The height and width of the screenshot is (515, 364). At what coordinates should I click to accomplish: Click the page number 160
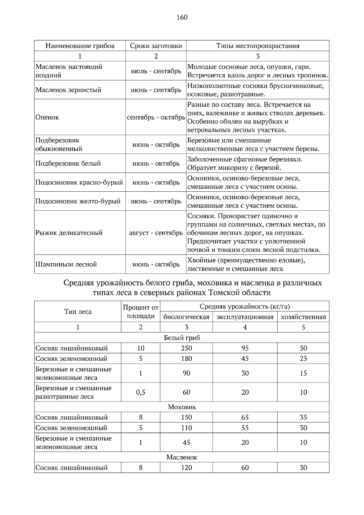[182, 17]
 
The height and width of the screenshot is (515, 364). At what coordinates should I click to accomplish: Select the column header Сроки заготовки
[156, 46]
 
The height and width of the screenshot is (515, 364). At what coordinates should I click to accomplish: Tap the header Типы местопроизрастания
[258, 46]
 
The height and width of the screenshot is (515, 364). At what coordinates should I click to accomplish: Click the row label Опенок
[47, 117]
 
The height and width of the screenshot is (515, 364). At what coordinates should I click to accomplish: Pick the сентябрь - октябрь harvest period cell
[156, 117]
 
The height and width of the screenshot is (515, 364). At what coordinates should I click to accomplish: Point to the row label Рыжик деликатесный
[69, 233]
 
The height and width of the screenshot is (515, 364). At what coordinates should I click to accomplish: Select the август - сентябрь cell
[156, 233]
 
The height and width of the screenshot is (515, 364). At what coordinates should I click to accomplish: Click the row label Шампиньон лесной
[66, 264]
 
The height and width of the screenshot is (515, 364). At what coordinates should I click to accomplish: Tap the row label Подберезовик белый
[68, 163]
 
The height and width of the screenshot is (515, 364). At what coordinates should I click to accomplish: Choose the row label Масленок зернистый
[68, 90]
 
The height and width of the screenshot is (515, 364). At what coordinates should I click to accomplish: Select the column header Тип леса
[78, 311]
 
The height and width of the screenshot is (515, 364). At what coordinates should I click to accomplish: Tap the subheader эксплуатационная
[245, 317]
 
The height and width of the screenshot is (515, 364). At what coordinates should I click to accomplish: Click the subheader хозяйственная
[303, 317]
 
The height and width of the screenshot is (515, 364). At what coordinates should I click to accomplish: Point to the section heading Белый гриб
[182, 338]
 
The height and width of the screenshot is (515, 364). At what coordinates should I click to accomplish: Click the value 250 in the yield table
[186, 348]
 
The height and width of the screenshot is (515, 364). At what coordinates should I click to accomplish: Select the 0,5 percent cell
[140, 392]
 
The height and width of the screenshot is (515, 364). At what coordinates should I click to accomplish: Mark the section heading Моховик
[182, 407]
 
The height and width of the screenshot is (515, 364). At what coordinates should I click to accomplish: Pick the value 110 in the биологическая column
[186, 428]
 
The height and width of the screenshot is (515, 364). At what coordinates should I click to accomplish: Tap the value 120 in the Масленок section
[186, 468]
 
